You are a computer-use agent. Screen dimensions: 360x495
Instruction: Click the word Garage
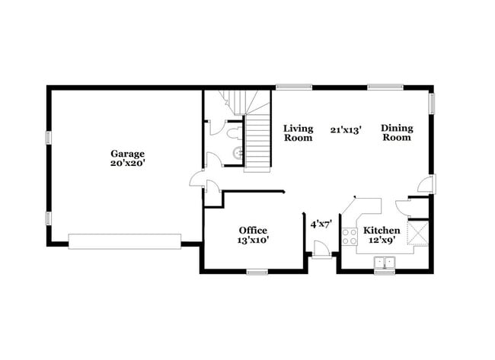(x=127, y=153)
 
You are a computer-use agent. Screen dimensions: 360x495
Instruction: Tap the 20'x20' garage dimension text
(x=127, y=163)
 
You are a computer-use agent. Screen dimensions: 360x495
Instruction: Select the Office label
(x=253, y=230)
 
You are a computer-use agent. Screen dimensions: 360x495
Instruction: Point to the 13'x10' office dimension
(x=253, y=240)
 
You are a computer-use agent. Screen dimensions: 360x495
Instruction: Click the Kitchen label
(x=382, y=230)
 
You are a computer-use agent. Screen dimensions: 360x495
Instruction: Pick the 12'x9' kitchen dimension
(x=382, y=240)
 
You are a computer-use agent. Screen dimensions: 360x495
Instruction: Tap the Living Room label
(x=299, y=133)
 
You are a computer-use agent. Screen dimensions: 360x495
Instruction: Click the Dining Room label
(x=396, y=133)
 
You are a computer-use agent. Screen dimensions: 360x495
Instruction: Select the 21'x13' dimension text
(x=346, y=129)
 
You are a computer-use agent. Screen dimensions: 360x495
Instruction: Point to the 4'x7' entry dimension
(x=321, y=225)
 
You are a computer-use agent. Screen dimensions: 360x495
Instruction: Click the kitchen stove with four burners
(x=350, y=237)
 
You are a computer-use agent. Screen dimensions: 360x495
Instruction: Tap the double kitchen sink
(x=385, y=263)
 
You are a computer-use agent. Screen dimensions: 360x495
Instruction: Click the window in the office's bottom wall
(x=257, y=271)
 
